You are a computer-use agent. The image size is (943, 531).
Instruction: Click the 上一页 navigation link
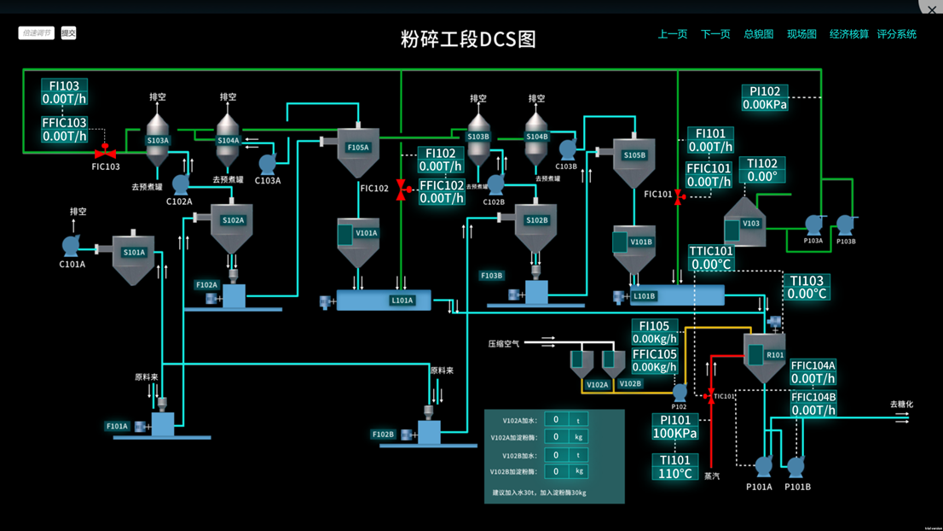672,34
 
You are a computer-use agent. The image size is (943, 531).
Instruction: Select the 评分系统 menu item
896,34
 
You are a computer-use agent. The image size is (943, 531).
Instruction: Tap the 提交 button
68,33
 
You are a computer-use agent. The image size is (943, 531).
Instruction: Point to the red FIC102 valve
402,189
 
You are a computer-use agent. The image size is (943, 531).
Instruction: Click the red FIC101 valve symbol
679,196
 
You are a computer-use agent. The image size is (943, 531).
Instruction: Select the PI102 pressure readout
765,98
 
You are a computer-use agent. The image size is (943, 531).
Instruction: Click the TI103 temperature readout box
807,287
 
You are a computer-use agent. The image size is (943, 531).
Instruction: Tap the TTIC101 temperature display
711,258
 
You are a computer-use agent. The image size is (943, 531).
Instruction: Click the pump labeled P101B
795,467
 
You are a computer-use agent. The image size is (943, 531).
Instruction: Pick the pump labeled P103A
814,225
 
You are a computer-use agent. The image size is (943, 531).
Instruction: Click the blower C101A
72,246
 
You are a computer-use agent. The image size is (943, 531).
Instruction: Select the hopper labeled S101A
134,254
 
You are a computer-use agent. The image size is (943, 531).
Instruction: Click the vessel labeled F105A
358,149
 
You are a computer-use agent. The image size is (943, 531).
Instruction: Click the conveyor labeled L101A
383,301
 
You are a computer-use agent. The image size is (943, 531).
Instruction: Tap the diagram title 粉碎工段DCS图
468,38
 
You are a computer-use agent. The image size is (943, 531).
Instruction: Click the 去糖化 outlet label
901,405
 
